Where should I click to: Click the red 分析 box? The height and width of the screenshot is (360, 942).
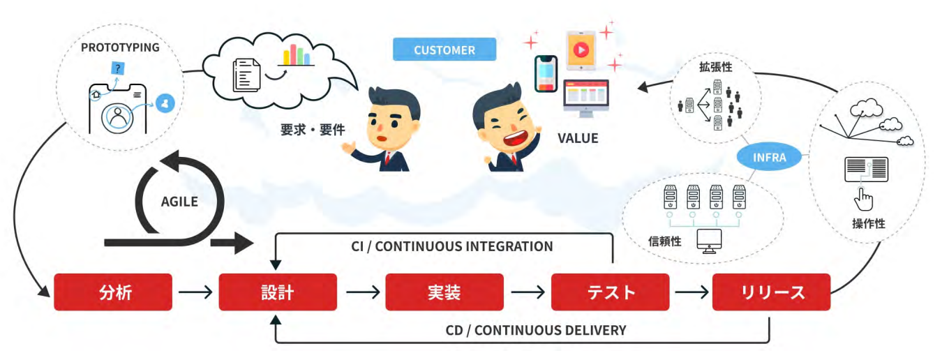112,292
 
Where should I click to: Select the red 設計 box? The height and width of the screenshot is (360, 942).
278,292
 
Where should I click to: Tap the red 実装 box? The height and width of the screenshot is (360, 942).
444,292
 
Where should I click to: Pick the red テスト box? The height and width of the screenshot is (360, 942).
610,292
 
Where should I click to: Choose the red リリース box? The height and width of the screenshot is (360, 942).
771,292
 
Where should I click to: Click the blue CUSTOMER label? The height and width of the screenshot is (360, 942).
444,50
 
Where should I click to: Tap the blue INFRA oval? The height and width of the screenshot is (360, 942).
770,157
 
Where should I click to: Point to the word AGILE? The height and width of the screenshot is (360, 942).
179,202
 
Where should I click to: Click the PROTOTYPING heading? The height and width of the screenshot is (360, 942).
120,47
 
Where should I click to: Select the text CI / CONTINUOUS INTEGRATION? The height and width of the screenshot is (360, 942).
452,246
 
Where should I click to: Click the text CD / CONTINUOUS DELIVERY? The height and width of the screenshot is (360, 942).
536,329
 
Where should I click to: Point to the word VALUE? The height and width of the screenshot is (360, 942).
578,138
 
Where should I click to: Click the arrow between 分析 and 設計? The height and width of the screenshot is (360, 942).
195,292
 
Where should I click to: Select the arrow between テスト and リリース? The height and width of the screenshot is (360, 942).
691,292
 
